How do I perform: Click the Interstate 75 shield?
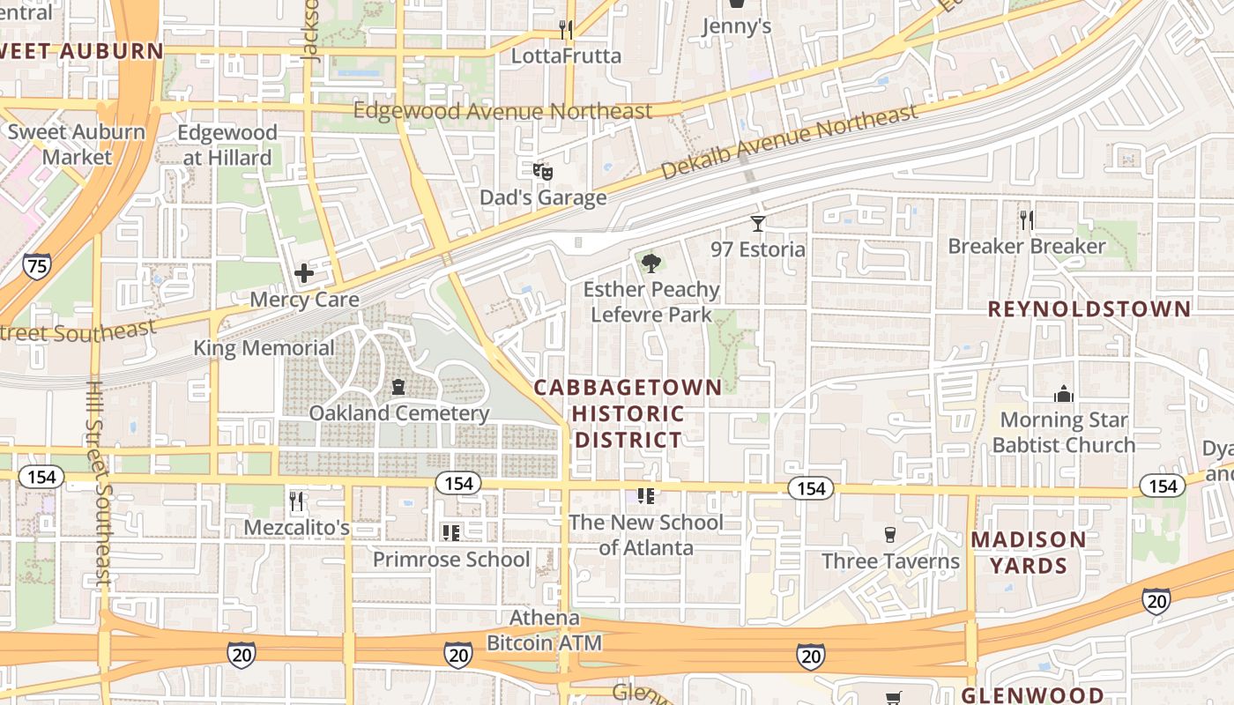tap(36, 266)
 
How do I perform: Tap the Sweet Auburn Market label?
tap(77, 145)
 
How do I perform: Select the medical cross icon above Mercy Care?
tap(304, 273)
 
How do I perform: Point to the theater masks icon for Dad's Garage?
tap(543, 171)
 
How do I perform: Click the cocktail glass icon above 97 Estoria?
tap(757, 224)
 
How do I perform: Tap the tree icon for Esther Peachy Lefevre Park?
tap(651, 262)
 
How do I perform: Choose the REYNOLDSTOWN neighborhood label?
tap(1089, 309)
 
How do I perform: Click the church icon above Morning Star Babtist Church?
tap(1064, 394)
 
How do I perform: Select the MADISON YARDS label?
tap(1029, 553)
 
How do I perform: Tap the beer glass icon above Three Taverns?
tap(890, 535)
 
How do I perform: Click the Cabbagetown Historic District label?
tap(628, 413)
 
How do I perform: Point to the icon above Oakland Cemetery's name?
tap(398, 387)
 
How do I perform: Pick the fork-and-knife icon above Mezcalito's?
tap(296, 501)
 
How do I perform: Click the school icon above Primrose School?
tap(451, 532)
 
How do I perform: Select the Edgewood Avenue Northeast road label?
tap(502, 111)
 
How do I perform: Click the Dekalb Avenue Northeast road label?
tap(789, 141)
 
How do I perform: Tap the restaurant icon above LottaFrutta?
tap(566, 30)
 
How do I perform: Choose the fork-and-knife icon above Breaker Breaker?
tap(1026, 219)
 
